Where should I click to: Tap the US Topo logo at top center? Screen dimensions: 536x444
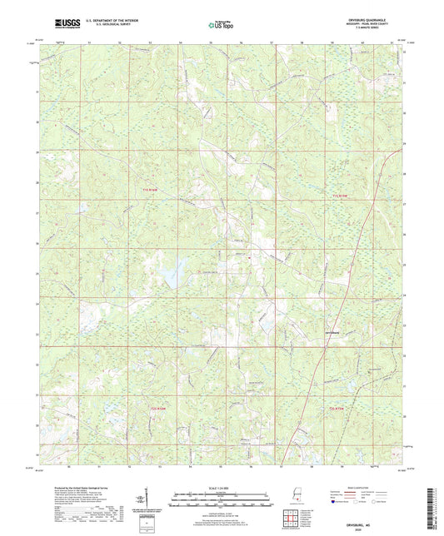pyautogui.click(x=220, y=26)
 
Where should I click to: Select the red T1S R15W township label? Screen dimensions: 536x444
pyautogui.click(x=339, y=194)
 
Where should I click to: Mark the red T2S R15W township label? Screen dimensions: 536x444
pyautogui.click(x=337, y=409)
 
